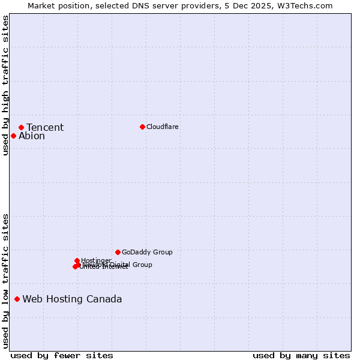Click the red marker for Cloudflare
tap(142, 127)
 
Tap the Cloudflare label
tap(163, 127)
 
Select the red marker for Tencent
tap(21, 127)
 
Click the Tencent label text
tap(45, 127)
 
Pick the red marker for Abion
tap(13, 136)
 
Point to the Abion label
tap(32, 136)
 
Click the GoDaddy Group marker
tap(118, 252)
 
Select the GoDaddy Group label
tap(147, 252)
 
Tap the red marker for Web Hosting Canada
tap(17, 299)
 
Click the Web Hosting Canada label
tap(72, 299)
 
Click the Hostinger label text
tap(97, 260)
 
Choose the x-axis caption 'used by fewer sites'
tap(62, 355)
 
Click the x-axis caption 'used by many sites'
tap(301, 355)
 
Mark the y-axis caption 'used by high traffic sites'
tap(5, 85)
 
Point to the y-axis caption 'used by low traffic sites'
tap(5, 280)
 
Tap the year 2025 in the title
tap(267, 5)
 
